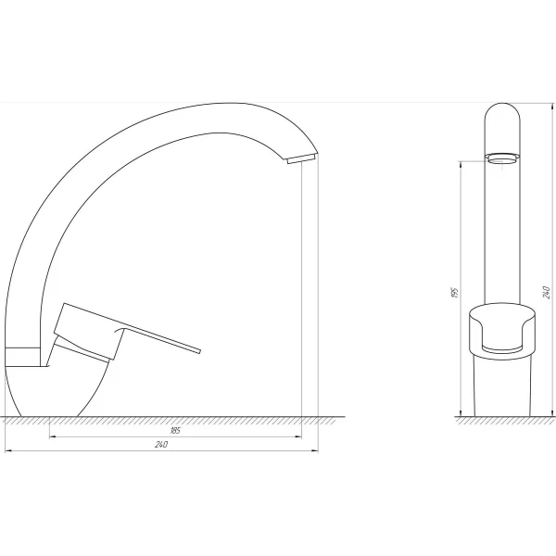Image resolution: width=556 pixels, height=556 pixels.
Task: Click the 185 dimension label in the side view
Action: click(175, 430)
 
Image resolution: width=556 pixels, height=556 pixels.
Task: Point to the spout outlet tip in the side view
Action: click(302, 160)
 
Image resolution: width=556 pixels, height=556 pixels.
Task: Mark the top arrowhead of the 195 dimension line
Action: click(462, 162)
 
